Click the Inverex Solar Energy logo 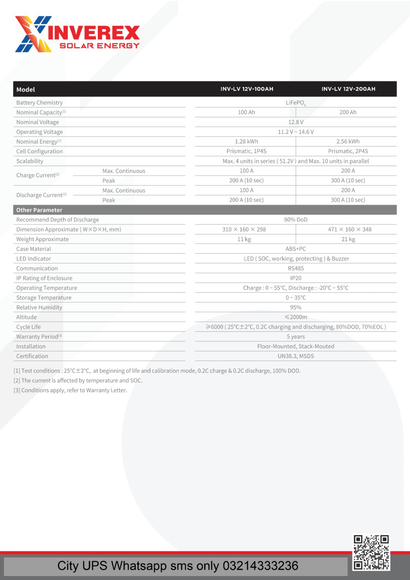[x=77, y=34]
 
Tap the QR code [x=371, y=552]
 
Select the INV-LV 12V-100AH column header [x=247, y=89]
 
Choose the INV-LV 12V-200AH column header [x=348, y=89]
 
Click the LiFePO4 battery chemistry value [x=295, y=103]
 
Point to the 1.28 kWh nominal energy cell [x=246, y=142]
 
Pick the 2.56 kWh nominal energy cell [x=348, y=142]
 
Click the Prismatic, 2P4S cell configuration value [x=348, y=152]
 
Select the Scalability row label [x=30, y=161]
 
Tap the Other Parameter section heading [x=39, y=210]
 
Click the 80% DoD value [x=295, y=220]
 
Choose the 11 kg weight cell [x=244, y=239]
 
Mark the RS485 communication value [x=295, y=269]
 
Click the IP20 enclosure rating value [x=295, y=278]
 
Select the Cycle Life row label [x=28, y=327]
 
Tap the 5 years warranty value [x=295, y=337]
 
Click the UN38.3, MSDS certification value [x=295, y=356]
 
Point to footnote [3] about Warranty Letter [x=70, y=390]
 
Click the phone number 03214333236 [x=260, y=566]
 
